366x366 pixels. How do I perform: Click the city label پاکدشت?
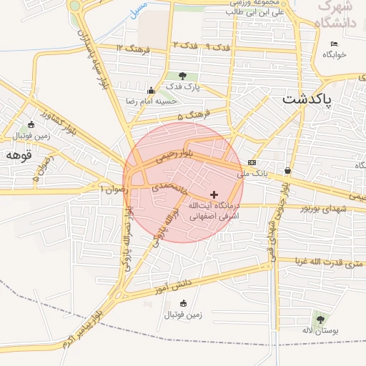pyautogui.click(x=308, y=99)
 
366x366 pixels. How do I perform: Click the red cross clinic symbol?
pyautogui.click(x=214, y=194)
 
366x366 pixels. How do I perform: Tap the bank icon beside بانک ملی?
pyautogui.click(x=252, y=162)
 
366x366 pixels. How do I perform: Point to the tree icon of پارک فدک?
pyautogui.click(x=183, y=75)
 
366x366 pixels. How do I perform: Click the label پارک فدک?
pyautogui.click(x=184, y=86)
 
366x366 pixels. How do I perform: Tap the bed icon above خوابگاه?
pyautogui.click(x=334, y=45)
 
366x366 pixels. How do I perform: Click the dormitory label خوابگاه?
pyautogui.click(x=334, y=55)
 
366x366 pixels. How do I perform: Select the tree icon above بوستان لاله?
pyautogui.click(x=320, y=320)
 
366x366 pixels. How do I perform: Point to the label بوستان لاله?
pyautogui.click(x=319, y=331)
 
